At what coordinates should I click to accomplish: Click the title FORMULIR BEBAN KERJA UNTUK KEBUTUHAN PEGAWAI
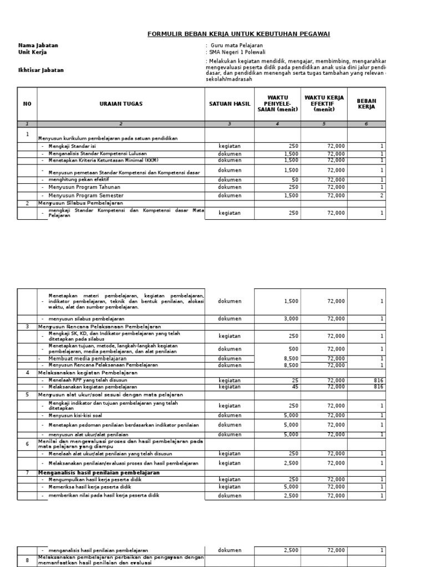[239, 34]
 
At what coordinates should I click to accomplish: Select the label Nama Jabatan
[38, 45]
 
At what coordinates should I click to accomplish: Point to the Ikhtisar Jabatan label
[41, 70]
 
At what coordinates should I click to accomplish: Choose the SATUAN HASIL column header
[230, 104]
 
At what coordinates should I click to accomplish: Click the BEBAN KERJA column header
[366, 104]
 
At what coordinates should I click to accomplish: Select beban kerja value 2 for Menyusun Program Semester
[382, 195]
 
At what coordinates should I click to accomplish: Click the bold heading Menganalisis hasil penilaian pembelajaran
[99, 472]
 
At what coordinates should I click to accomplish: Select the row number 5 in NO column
[27, 395]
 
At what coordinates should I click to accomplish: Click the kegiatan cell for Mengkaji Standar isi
[230, 146]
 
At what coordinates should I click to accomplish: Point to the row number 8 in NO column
[27, 560]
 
